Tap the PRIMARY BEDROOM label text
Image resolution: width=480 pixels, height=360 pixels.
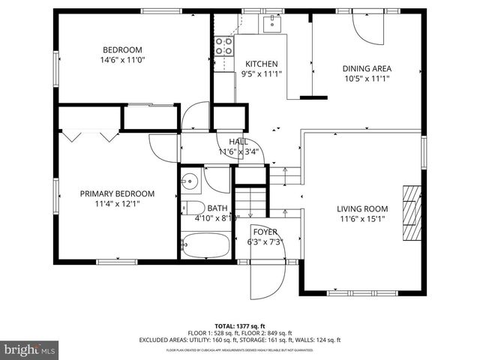(x=117, y=193)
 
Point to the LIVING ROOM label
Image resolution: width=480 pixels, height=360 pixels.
(x=361, y=209)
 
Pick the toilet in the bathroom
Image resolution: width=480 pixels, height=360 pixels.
(x=192, y=208)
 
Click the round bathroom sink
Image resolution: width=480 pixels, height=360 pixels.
(x=190, y=180)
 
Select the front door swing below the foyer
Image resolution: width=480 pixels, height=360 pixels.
(x=268, y=279)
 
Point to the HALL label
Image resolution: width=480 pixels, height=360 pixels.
(x=238, y=142)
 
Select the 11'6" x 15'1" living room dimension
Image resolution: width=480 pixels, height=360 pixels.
(x=361, y=219)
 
